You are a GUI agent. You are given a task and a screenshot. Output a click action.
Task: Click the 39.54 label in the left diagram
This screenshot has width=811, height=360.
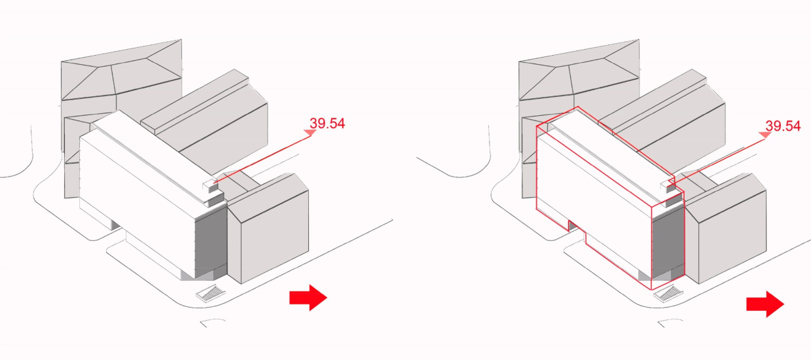(x=327, y=124)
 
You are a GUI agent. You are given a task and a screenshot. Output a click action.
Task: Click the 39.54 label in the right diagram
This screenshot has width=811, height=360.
(x=783, y=126)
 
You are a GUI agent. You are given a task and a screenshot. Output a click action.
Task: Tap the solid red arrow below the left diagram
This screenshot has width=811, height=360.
(x=308, y=298)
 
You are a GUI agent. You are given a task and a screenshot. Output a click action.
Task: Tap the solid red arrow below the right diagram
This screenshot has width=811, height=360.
(x=765, y=304)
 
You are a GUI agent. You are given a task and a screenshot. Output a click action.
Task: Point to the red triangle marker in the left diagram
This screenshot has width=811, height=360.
(x=310, y=133)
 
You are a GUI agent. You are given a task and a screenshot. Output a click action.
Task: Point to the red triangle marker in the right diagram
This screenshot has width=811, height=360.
(x=765, y=135)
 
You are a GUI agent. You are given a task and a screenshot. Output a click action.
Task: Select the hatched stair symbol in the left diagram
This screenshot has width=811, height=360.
(x=211, y=293)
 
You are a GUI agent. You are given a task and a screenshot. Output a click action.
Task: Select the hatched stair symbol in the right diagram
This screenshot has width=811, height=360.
(x=668, y=294)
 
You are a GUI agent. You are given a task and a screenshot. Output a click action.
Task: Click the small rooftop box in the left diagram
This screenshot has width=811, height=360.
(x=210, y=185)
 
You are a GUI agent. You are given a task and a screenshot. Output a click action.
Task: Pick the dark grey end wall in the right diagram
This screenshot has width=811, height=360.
(x=668, y=246)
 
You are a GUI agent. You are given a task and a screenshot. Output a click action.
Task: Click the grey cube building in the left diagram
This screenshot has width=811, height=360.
(x=270, y=229)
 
